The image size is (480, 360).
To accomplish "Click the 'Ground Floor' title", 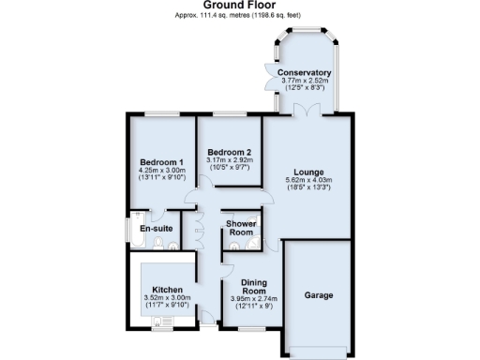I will [x=239, y=6].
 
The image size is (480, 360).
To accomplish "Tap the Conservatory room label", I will [x=306, y=72].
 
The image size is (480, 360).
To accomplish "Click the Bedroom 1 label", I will [x=159, y=162].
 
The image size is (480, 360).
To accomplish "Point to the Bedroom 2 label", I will [x=229, y=152].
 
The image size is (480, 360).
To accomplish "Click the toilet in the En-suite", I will [x=159, y=246].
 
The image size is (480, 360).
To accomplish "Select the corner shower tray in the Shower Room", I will [x=253, y=246].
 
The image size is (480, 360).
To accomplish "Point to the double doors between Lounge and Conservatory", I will [x=306, y=111].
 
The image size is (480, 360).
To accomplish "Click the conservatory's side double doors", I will [x=270, y=73].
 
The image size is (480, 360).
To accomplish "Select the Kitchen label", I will [x=168, y=290].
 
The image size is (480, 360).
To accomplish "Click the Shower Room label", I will [x=242, y=228].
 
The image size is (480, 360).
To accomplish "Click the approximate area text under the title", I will [x=239, y=17].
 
